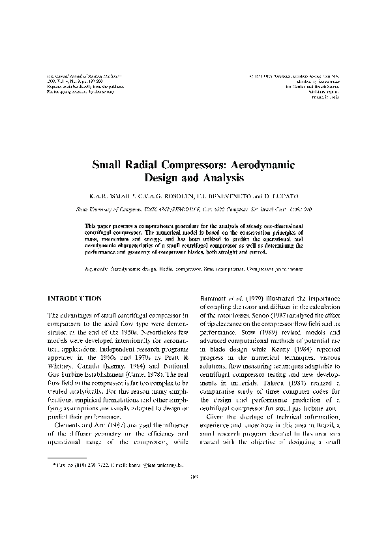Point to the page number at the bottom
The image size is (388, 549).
click(x=194, y=512)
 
